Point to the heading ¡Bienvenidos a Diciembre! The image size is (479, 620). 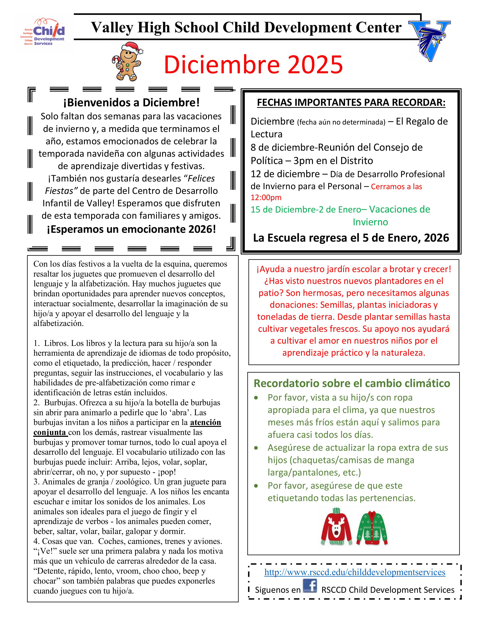pyautogui.click(x=131, y=102)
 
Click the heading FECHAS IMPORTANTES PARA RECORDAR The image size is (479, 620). pyautogui.click(x=351, y=102)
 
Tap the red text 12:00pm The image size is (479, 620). pyautogui.click(x=266, y=197)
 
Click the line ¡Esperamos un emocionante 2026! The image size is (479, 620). pyautogui.click(x=131, y=229)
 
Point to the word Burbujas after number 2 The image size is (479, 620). pyautogui.click(x=61, y=403)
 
